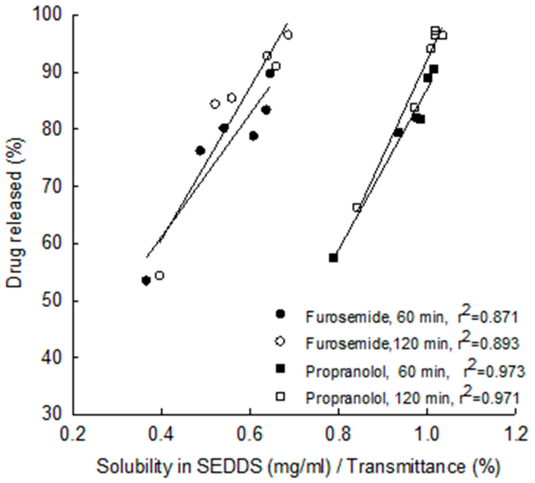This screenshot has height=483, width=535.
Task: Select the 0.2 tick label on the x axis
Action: pos(73,435)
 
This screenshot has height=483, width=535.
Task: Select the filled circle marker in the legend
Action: pos(280,314)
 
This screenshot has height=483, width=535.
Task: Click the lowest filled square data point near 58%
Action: pos(333,258)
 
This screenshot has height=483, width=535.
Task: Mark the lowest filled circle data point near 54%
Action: pos(146,281)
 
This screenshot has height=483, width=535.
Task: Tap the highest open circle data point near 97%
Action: pos(288,35)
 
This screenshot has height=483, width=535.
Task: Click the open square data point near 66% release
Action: pos(357,207)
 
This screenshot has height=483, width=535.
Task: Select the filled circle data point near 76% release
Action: pos(201,151)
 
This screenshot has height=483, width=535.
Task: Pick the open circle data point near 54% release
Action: pos(159,276)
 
